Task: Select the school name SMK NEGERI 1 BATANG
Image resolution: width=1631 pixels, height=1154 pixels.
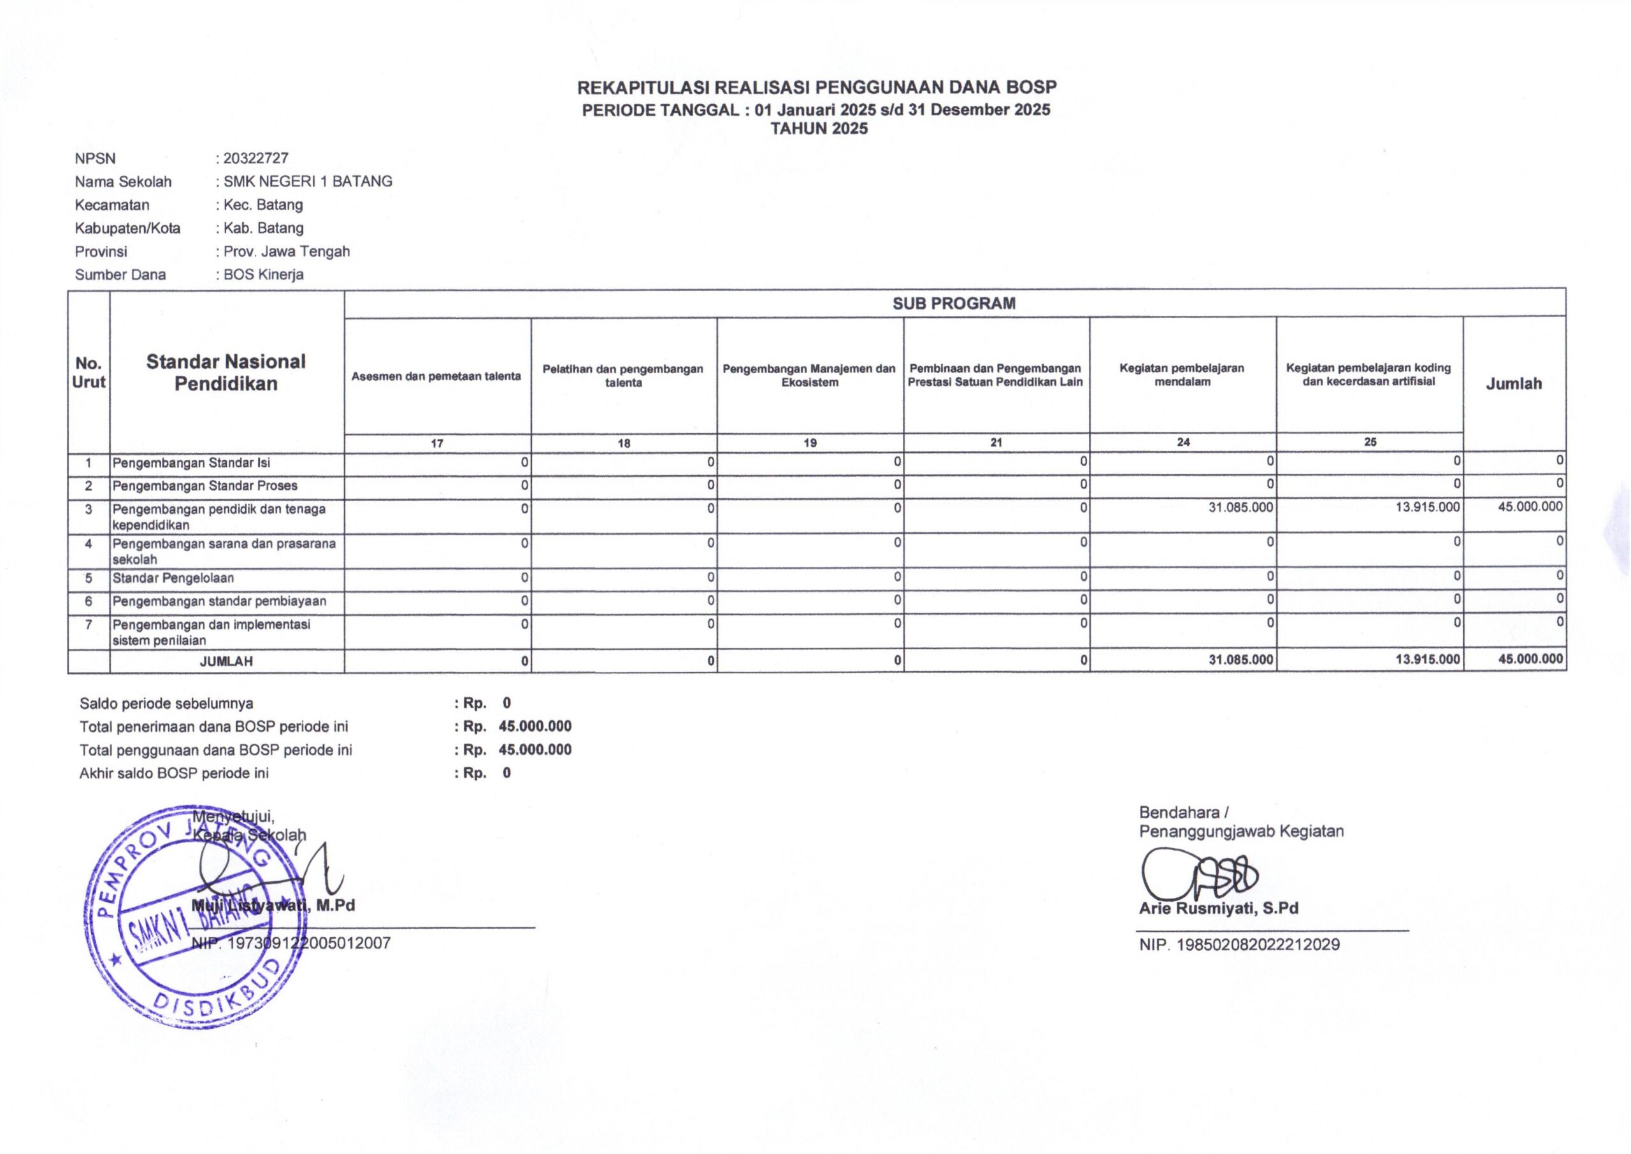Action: coord(307,182)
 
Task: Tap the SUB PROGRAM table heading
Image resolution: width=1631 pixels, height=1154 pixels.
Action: coord(954,303)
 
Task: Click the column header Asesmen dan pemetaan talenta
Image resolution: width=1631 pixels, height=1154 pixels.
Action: coord(436,376)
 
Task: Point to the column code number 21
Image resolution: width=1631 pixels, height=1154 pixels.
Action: coord(996,443)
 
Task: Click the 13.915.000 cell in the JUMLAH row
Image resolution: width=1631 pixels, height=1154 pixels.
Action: coord(1428,659)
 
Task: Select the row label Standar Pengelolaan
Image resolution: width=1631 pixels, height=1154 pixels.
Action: coord(173,578)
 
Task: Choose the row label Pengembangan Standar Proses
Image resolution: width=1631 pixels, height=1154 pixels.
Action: coord(205,486)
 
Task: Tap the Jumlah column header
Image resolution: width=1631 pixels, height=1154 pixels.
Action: coord(1514,384)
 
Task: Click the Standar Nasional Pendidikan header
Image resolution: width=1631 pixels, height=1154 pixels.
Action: coord(226,373)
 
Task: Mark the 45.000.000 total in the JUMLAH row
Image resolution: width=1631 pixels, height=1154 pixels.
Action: coord(1530,659)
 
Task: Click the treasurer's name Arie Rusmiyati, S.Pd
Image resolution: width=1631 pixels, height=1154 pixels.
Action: coord(1218,908)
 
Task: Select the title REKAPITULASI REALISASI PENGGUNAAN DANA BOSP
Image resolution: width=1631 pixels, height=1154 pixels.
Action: coord(817,87)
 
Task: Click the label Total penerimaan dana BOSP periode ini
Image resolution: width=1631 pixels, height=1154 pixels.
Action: coord(213,727)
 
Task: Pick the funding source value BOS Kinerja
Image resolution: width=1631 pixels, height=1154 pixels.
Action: coord(263,275)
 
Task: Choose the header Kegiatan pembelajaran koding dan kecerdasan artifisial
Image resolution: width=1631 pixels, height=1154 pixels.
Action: coord(1368,374)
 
